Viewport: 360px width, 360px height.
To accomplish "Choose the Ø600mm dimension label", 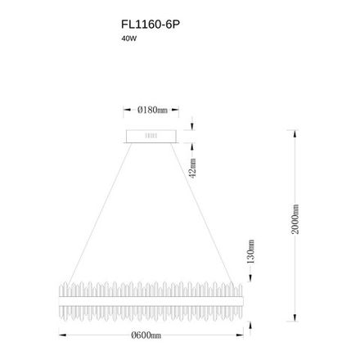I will [151, 335].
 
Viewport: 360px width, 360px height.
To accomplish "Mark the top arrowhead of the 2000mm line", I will [295, 128].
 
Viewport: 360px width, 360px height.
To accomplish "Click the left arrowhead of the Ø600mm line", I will [60, 335].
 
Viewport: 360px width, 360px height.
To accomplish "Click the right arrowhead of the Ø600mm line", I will [242, 335].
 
